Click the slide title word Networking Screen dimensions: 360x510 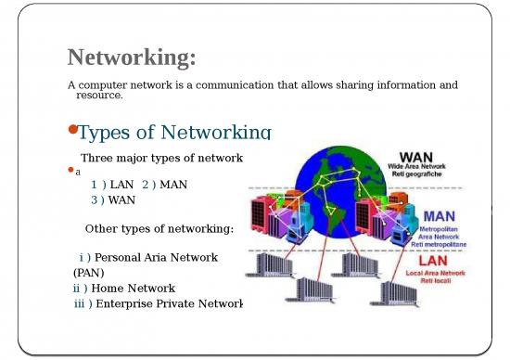pyautogui.click(x=131, y=58)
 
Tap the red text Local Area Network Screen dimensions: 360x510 pyautogui.click(x=449, y=275)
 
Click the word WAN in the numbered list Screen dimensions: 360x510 pyautogui.click(x=121, y=199)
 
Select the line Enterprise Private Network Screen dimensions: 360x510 pyautogui.click(x=168, y=303)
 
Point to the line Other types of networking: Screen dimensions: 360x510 pyautogui.click(x=159, y=229)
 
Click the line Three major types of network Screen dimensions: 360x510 pyautogui.click(x=161, y=158)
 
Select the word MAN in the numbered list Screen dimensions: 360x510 pyautogui.click(x=172, y=185)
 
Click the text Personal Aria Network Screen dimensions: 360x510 pyautogui.click(x=157, y=257)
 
